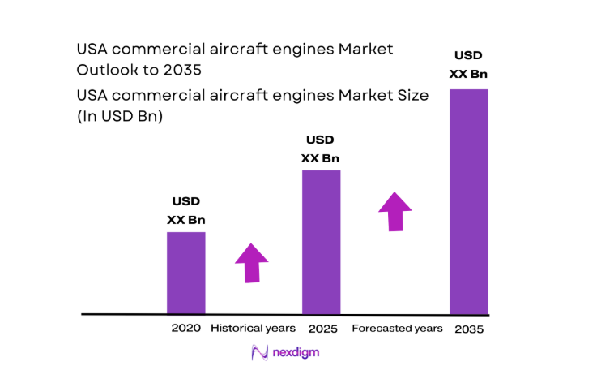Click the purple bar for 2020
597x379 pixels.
point(185,273)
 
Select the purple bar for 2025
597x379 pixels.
point(321,242)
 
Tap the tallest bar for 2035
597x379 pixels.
point(469,201)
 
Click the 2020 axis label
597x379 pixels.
point(185,329)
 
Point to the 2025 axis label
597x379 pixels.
point(322,329)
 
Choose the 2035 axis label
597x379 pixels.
point(470,329)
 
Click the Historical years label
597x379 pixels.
point(253,329)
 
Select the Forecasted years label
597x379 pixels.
point(397,329)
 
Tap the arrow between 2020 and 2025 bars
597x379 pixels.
point(251,262)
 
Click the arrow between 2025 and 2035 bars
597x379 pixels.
point(395,212)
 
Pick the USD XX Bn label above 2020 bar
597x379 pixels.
point(185,210)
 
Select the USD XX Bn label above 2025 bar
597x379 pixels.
point(320,149)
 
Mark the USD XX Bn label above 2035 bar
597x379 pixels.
point(469,65)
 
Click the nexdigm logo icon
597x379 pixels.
point(260,353)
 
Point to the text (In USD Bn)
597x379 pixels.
point(120,116)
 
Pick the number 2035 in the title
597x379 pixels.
point(180,71)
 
